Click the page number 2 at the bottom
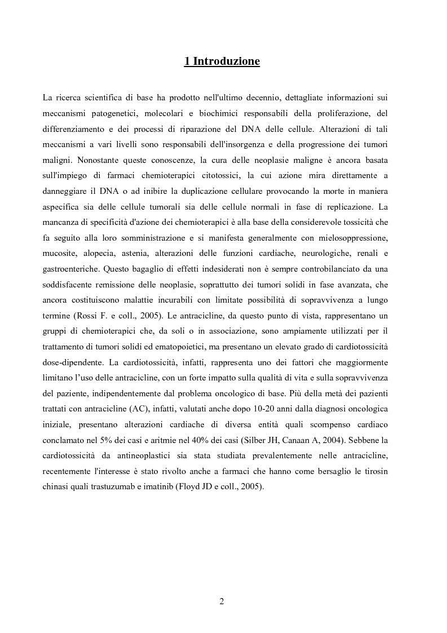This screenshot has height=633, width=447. point(222,601)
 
